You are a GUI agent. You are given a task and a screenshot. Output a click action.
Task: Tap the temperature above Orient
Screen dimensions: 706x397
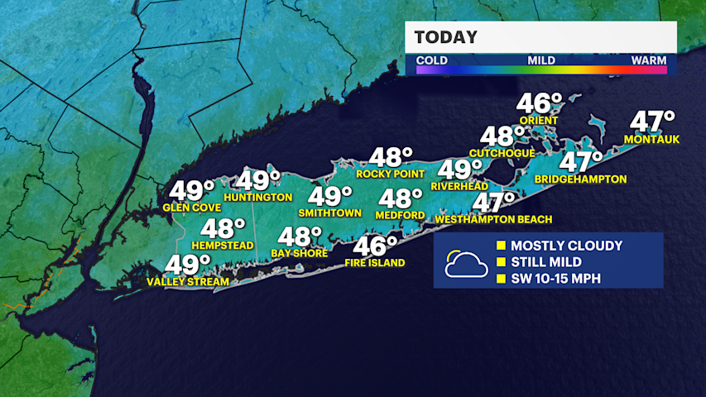[x=539, y=104]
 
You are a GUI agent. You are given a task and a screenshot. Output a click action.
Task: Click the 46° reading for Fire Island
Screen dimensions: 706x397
[x=376, y=246]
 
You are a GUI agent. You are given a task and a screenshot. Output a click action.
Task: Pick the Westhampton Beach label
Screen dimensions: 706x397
[x=493, y=219]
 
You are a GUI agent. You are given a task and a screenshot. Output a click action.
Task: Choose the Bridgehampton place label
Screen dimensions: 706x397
[x=580, y=179]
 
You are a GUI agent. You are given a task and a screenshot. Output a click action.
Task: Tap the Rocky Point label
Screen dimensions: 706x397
[x=390, y=174]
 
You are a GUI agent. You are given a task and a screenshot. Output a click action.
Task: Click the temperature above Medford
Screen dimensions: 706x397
[x=401, y=198]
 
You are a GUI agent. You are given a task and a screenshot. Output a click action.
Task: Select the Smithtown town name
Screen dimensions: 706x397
[x=330, y=213]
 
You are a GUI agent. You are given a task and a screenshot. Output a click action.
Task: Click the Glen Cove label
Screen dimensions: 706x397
[x=192, y=208]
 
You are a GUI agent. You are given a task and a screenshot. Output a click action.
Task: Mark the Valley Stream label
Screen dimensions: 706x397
[x=186, y=282]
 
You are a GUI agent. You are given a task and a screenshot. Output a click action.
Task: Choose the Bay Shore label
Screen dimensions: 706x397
[x=299, y=253]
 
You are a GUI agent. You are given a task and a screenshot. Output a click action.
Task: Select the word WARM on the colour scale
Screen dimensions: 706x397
[x=649, y=60]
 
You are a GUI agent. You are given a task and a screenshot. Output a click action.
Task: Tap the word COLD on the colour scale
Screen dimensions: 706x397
[x=432, y=60]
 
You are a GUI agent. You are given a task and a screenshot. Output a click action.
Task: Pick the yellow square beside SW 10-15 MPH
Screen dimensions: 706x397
[x=500, y=279]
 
